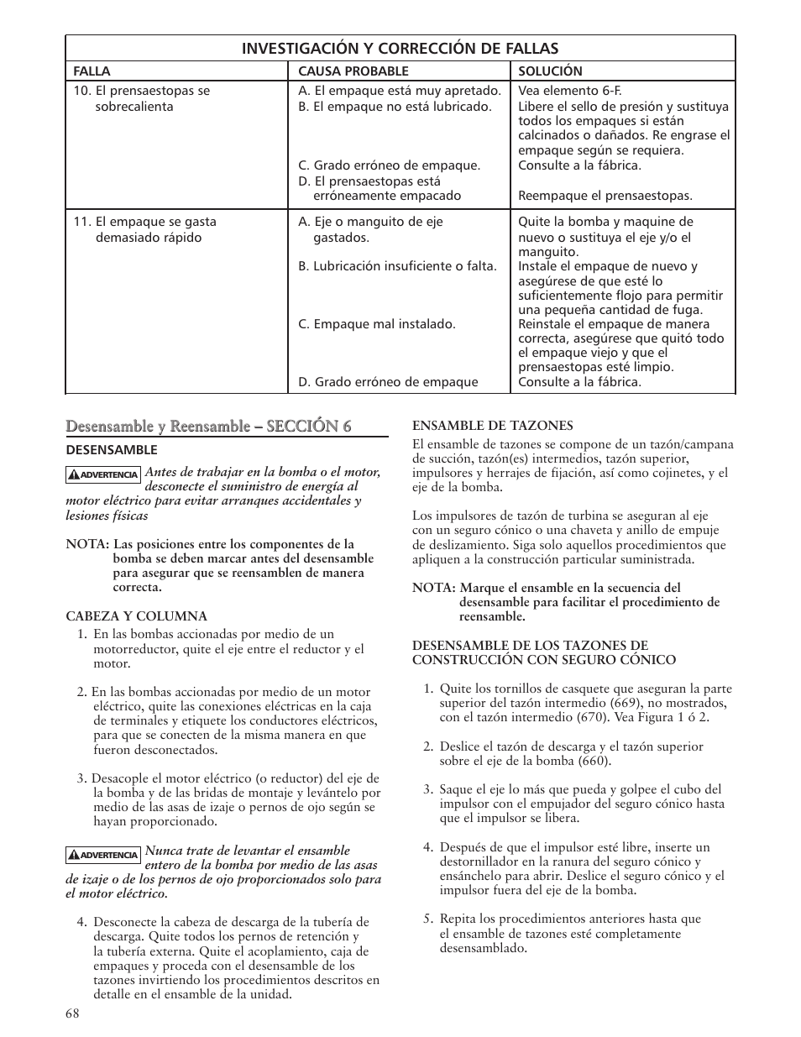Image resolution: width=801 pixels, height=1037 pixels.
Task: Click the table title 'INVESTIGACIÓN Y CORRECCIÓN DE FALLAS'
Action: click(x=400, y=49)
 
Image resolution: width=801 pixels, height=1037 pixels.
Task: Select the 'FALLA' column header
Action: click(x=92, y=71)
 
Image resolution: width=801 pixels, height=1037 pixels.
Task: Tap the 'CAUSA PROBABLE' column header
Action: click(x=353, y=71)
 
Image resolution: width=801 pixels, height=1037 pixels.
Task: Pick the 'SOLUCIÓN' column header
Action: click(x=550, y=71)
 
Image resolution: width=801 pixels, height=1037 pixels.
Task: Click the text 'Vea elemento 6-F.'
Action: click(x=569, y=91)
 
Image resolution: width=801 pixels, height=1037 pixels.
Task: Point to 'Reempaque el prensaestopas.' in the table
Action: click(x=605, y=196)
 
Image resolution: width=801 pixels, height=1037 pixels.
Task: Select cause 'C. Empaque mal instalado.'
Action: click(x=377, y=324)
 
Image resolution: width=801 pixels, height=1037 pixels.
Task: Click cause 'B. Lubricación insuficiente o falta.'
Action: click(x=397, y=266)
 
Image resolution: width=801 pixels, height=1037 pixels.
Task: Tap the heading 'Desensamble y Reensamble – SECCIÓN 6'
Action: click(x=208, y=426)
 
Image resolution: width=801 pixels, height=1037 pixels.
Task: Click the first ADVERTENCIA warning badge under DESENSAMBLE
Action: click(x=102, y=474)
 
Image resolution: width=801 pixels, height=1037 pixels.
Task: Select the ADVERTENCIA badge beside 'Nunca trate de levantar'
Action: click(x=102, y=854)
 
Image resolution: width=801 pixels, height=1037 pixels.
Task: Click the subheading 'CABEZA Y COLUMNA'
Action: click(x=136, y=616)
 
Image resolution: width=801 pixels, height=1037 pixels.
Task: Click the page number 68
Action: click(x=72, y=1013)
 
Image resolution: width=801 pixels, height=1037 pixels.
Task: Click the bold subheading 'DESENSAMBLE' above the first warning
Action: click(x=112, y=450)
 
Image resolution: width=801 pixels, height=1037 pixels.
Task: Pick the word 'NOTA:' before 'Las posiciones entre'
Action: click(x=85, y=544)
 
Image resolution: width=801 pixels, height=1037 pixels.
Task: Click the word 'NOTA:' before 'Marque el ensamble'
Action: click(x=432, y=588)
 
